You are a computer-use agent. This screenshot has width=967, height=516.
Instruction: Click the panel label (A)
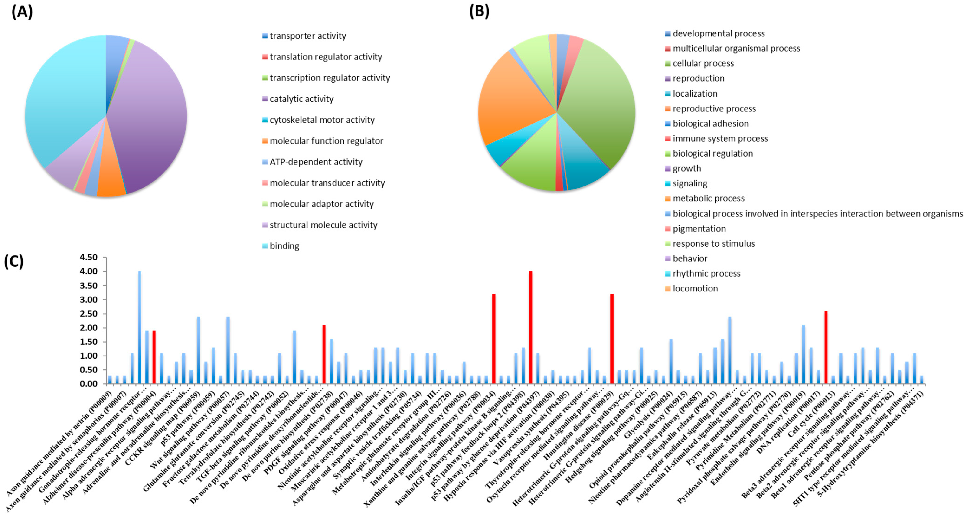click(x=22, y=12)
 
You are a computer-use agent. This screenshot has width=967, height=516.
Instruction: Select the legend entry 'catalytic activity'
click(x=301, y=99)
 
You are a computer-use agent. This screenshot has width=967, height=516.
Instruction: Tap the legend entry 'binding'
click(x=284, y=246)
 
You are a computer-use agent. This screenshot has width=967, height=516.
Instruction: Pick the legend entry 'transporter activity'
click(x=308, y=36)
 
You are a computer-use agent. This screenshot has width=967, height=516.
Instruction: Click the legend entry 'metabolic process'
click(x=708, y=198)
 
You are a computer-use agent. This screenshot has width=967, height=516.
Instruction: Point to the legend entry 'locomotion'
click(x=695, y=288)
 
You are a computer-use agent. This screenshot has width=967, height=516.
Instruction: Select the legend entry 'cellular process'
click(x=703, y=63)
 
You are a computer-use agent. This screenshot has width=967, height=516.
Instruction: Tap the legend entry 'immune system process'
click(x=720, y=138)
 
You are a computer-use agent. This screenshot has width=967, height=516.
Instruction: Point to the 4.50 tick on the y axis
click(x=88, y=258)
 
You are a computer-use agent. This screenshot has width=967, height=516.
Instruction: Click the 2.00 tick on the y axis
click(x=88, y=328)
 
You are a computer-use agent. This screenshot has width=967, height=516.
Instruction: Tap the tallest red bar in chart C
click(x=530, y=327)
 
